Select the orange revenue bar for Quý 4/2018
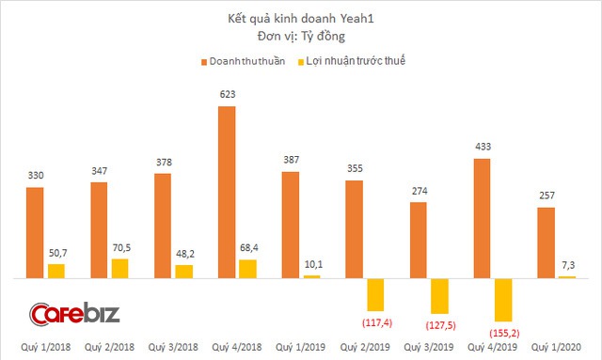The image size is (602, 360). click(x=227, y=193)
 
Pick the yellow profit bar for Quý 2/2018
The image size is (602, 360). click(x=119, y=269)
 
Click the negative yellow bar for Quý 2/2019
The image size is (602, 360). click(x=376, y=295)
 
